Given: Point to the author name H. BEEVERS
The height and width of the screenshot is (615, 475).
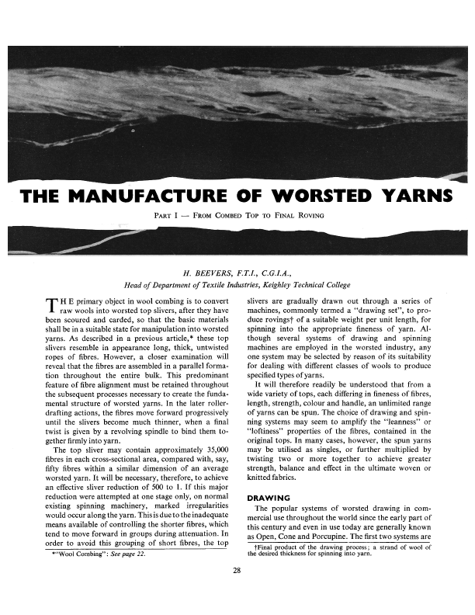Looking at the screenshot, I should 200,273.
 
